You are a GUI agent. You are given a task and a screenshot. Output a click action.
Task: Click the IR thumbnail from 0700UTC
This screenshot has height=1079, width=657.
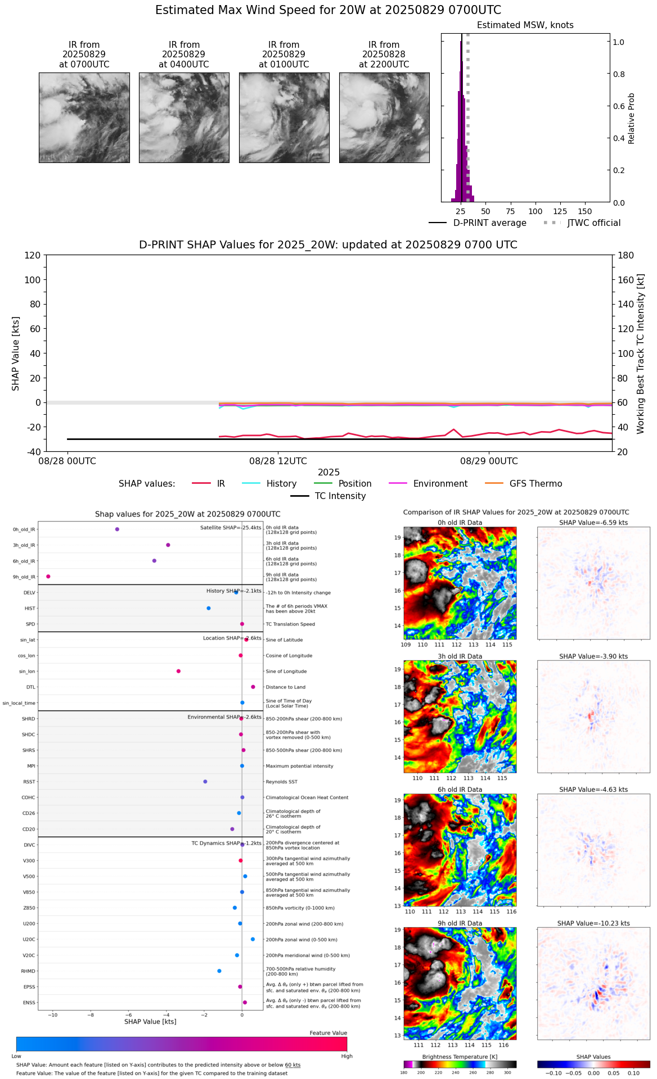tap(84, 117)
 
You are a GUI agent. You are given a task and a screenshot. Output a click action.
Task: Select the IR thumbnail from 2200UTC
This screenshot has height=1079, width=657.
tap(384, 117)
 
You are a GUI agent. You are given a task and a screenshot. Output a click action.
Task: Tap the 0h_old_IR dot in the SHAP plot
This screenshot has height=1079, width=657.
tap(117, 529)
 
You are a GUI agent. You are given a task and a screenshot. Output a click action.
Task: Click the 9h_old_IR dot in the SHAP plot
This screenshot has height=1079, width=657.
tap(48, 577)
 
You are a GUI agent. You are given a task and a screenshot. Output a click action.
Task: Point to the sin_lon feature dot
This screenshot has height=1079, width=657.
tap(178, 671)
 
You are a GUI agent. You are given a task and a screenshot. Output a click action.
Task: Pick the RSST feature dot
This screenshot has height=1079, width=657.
tap(205, 782)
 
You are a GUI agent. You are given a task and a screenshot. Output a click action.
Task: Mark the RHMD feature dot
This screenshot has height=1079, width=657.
tap(219, 971)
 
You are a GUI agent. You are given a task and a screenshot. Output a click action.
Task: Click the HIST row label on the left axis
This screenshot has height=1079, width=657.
tap(30, 609)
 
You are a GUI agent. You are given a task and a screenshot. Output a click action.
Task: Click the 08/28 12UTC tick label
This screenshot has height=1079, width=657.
tap(278, 461)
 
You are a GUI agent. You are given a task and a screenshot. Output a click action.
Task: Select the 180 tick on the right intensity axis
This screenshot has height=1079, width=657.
tap(626, 256)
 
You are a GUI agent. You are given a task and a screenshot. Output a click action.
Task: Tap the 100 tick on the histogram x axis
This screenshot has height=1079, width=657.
tap(535, 211)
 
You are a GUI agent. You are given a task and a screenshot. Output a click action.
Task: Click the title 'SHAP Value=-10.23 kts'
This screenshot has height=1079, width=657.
tap(593, 923)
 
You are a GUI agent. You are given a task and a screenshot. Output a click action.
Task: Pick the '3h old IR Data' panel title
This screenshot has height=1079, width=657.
tap(460, 656)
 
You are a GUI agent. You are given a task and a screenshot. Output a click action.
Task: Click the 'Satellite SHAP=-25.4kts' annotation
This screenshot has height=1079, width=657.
tap(231, 528)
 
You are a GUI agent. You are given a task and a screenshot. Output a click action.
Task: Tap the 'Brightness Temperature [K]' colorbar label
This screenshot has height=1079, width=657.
tap(460, 1057)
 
